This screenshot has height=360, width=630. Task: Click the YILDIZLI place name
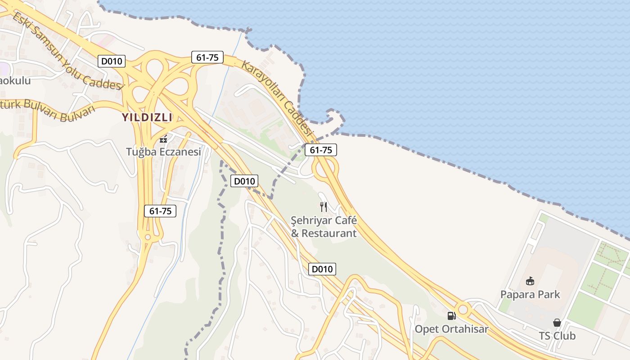[147, 117]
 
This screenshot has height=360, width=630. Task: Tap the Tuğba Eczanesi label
[163, 152]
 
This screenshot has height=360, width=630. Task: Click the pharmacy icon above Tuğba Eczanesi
[163, 139]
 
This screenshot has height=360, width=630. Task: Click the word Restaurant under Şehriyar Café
[329, 234]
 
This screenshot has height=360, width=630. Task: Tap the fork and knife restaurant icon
[324, 207]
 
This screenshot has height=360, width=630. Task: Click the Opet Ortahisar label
[451, 329]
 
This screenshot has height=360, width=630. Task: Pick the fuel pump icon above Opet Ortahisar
[451, 316]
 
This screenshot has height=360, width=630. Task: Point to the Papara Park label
[530, 295]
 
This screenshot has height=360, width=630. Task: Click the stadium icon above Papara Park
[530, 282]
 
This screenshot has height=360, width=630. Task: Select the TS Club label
[557, 336]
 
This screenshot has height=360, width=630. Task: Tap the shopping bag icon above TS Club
[557, 323]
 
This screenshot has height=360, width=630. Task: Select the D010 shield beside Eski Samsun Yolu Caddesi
[112, 61]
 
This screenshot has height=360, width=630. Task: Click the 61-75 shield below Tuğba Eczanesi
[160, 211]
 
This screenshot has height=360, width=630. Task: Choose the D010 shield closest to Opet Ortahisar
[322, 269]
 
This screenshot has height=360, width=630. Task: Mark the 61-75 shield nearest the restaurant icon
[321, 150]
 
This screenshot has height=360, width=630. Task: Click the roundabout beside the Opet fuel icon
[463, 310]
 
